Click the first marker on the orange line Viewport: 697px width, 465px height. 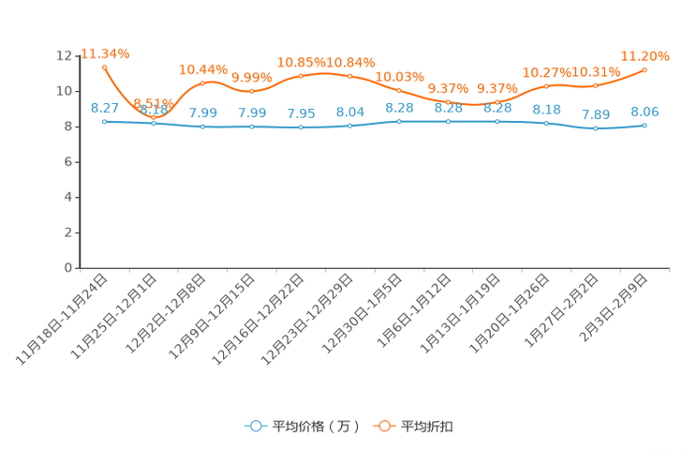[x=104, y=67]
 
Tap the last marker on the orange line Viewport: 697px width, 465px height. [x=645, y=69]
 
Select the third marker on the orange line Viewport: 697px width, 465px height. [x=203, y=83]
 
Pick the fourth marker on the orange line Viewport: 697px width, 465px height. [x=252, y=92]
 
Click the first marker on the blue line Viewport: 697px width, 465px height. [x=104, y=122]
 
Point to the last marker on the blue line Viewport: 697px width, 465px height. [x=645, y=125]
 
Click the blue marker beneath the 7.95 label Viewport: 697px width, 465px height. [x=301, y=127]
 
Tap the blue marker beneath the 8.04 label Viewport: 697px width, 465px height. [x=349, y=126]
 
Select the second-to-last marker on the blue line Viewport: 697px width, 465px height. [x=596, y=128]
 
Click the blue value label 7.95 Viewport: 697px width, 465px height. [x=301, y=113]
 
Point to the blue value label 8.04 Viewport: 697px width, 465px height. [x=349, y=111]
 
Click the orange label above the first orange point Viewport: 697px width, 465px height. [x=104, y=53]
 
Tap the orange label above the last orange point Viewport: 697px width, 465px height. [x=645, y=56]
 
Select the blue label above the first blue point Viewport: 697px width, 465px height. [x=104, y=108]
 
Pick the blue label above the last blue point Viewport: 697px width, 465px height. [x=645, y=111]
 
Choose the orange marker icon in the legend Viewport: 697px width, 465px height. [x=384, y=427]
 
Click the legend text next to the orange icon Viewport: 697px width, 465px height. [x=428, y=427]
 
